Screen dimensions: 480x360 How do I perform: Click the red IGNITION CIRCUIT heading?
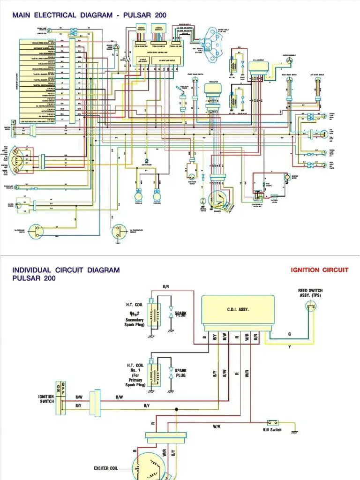319,270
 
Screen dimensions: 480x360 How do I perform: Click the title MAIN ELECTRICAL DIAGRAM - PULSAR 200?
89,15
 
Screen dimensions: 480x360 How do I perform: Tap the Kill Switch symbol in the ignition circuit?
272,422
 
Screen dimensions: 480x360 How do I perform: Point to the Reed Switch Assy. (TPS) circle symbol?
310,307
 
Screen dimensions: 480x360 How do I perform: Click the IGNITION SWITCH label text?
46,399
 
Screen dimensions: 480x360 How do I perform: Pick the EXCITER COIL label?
108,468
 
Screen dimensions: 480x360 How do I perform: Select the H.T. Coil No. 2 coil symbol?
153,312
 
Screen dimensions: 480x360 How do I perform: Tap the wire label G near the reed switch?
289,334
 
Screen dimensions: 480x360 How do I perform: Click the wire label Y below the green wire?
289,347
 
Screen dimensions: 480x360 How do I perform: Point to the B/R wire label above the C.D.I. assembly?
166,286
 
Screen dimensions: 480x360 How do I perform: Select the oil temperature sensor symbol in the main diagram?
118,230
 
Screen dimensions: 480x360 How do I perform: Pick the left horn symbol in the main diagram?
139,193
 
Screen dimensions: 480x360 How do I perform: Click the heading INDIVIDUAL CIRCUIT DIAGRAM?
66,270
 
